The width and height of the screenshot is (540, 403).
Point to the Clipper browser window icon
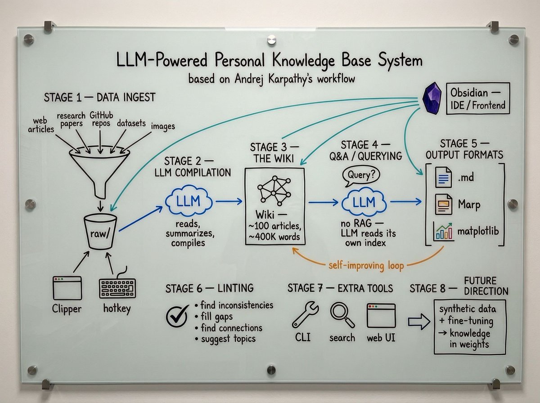(x=67, y=287)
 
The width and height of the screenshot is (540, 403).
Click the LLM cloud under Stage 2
(x=189, y=202)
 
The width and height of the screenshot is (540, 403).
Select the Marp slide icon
(x=443, y=205)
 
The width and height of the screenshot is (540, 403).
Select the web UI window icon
(x=381, y=315)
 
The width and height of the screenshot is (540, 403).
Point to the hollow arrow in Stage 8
(x=418, y=321)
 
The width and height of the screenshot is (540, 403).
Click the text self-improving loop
(x=366, y=266)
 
